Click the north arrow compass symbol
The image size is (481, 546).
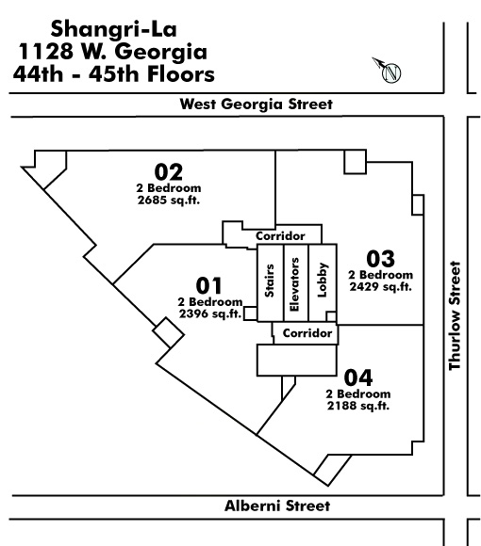[388, 71]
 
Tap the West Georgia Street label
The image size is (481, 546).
[256, 104]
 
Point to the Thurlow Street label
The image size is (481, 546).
[455, 315]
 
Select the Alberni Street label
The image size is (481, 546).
[277, 506]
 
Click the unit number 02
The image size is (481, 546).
[169, 172]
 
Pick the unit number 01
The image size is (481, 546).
[208, 285]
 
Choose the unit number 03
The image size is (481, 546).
[380, 259]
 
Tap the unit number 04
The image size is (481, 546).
[358, 377]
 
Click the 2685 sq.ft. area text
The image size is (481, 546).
[169, 201]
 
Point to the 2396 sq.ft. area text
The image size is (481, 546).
[210, 313]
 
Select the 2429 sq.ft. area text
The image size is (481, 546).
[380, 287]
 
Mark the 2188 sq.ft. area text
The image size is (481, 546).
[358, 406]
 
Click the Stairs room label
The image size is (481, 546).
[270, 281]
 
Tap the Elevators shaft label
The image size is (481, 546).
[295, 284]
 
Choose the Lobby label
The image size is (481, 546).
[322, 280]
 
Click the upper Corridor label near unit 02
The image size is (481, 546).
[280, 235]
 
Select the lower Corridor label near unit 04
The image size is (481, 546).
[307, 333]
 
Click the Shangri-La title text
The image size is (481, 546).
[114, 29]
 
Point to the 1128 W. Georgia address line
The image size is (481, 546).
[113, 52]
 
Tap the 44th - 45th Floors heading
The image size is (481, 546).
[114, 74]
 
